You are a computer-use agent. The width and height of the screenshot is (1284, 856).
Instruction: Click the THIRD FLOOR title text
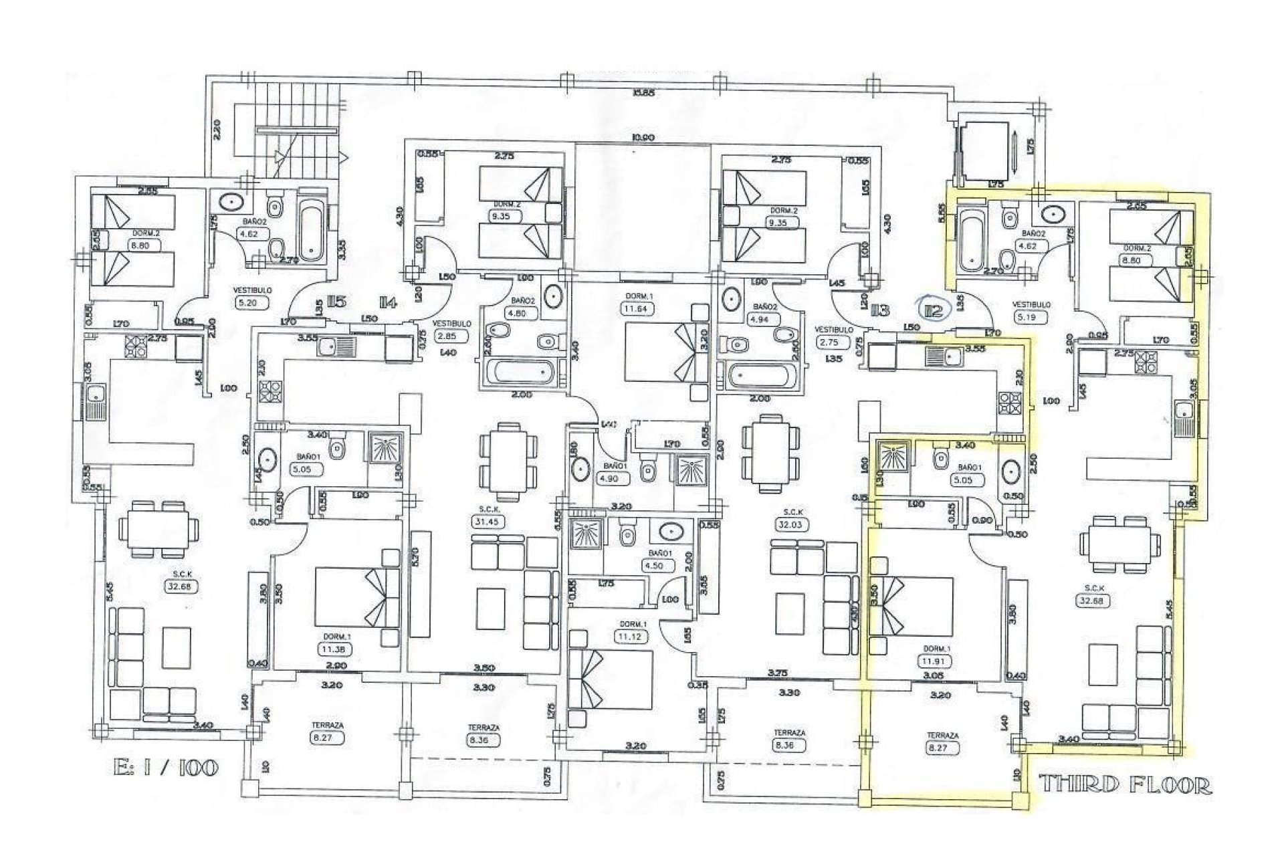(1125, 784)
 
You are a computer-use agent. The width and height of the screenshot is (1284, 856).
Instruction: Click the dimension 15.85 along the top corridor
(644, 92)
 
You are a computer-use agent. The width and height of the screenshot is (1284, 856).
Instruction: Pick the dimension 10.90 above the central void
(643, 138)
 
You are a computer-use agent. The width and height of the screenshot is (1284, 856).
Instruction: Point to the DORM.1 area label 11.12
(631, 637)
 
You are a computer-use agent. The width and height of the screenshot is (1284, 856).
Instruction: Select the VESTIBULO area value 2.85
(447, 336)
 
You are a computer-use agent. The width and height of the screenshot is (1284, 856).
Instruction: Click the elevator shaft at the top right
(986, 151)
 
